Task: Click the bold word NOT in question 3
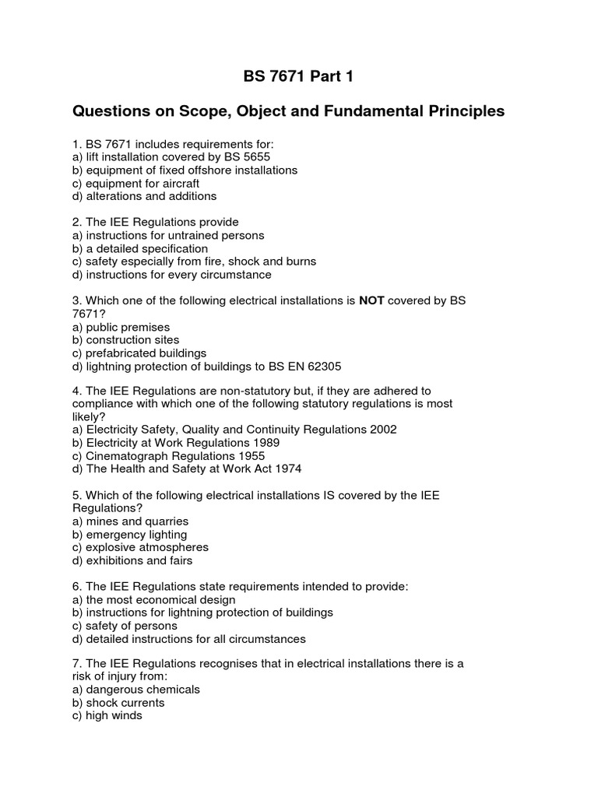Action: click(371, 301)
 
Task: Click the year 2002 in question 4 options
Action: click(382, 430)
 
